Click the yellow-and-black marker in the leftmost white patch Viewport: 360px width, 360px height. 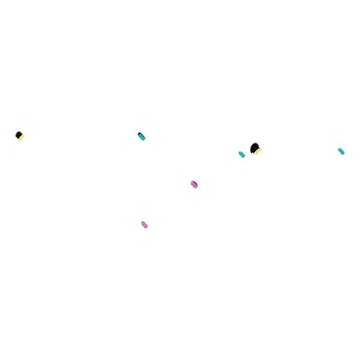tap(19, 136)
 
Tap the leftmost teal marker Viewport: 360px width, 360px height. tap(142, 137)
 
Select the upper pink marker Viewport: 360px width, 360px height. tap(194, 185)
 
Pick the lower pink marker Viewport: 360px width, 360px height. tap(144, 225)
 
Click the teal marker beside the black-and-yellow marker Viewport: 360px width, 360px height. tap(242, 155)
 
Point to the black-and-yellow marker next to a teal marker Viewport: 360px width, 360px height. tap(255, 148)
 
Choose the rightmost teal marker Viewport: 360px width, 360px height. tap(341, 151)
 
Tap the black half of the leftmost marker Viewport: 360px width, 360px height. tap(18, 135)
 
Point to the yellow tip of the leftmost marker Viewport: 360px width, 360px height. tap(21, 139)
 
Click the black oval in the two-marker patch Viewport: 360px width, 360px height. tap(254, 147)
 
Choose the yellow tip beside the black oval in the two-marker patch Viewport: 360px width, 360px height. tap(258, 151)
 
